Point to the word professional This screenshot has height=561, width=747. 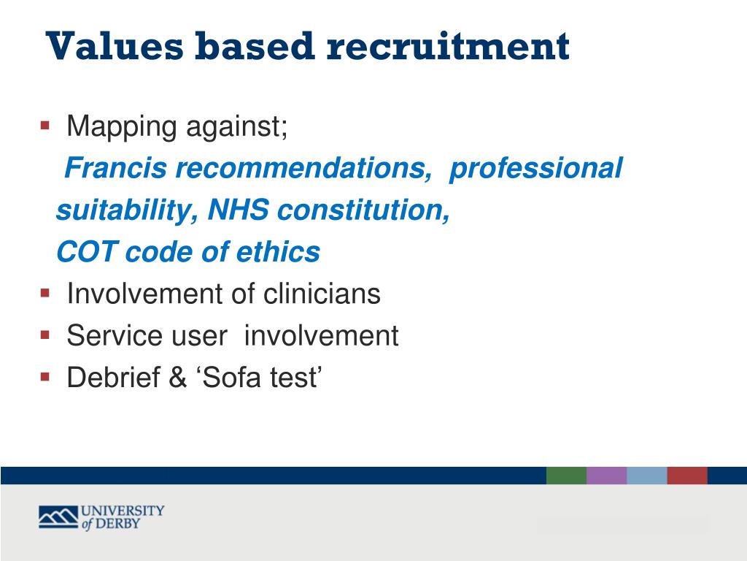[x=536, y=169]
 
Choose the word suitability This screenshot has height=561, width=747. [x=122, y=211]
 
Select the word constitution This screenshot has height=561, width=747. [x=363, y=211]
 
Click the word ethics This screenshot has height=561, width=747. [x=278, y=253]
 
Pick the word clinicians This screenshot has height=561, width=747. [x=322, y=294]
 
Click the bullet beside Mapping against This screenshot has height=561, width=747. [x=45, y=126]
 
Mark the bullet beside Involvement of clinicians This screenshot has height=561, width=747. [x=45, y=294]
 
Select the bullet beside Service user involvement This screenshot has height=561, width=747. [x=45, y=335]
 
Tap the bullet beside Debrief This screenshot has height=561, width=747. [x=45, y=377]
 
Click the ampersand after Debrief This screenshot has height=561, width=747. [x=178, y=378]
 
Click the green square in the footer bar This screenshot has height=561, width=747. [x=566, y=476]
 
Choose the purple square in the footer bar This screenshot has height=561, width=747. [x=606, y=476]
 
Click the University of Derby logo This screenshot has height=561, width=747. [x=101, y=517]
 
